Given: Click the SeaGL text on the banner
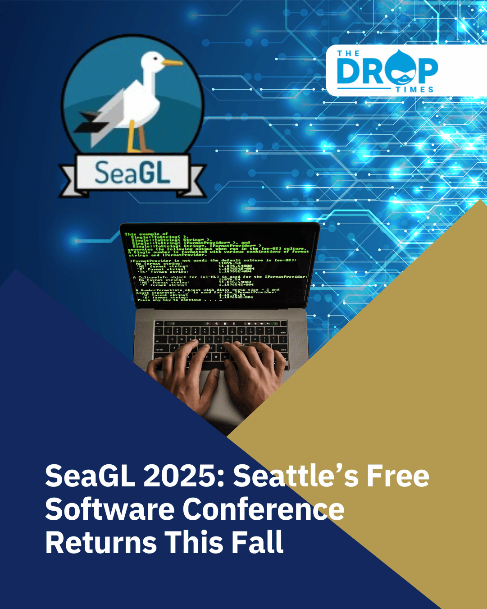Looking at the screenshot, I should pyautogui.click(x=132, y=173).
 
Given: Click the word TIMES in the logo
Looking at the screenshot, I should pyautogui.click(x=414, y=89).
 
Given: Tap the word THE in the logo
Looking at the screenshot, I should pyautogui.click(x=348, y=54).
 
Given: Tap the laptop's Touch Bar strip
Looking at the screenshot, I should pyautogui.click(x=221, y=324).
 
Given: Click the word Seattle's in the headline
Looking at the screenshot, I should pyautogui.click(x=296, y=476).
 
